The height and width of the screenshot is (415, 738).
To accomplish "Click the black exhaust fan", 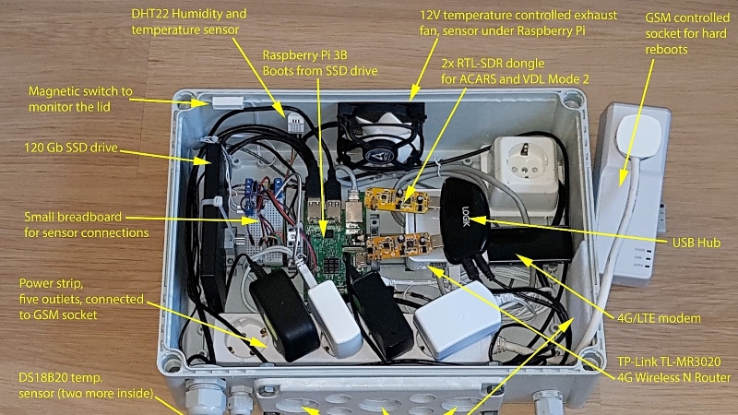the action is (381, 136).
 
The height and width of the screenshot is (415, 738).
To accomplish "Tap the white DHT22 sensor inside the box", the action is (295, 124).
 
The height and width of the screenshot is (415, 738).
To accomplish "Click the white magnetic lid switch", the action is (228, 102).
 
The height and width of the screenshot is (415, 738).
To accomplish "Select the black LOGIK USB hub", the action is (465, 221).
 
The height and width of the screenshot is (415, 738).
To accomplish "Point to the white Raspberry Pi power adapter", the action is (457, 320).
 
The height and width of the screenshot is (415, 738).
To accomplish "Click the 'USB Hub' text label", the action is (696, 243).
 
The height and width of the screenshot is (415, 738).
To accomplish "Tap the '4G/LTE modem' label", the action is (659, 318).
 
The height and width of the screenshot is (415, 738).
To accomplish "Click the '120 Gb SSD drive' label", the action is (71, 148).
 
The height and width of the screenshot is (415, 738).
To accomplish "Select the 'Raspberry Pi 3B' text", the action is (304, 55).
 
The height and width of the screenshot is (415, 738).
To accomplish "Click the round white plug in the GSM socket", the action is (638, 136).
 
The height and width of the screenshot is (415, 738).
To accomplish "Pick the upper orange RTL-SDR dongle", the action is (397, 200).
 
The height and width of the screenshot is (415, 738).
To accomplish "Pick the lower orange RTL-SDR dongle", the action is (399, 244).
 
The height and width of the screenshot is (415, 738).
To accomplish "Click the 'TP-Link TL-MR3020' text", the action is (669, 362).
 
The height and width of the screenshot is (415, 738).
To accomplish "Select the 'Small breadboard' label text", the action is (73, 217).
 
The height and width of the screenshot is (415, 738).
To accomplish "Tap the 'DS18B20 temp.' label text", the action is (60, 378).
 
